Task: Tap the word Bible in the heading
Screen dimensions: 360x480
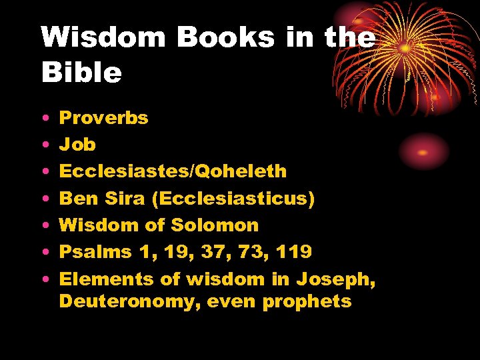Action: pos(81,73)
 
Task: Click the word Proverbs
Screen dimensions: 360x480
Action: pos(104,118)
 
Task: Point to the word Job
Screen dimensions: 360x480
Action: pos(77,145)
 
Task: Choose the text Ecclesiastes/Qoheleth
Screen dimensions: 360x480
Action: pos(173,171)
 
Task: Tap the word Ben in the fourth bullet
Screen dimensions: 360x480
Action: pos(75,199)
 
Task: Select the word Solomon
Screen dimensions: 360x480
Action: pos(215,225)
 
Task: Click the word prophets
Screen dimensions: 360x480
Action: pos(307,301)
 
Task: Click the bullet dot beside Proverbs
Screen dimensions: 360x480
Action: pos(45,119)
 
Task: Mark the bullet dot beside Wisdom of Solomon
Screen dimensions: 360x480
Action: pos(45,226)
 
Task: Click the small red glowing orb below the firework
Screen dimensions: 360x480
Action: pos(423,152)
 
